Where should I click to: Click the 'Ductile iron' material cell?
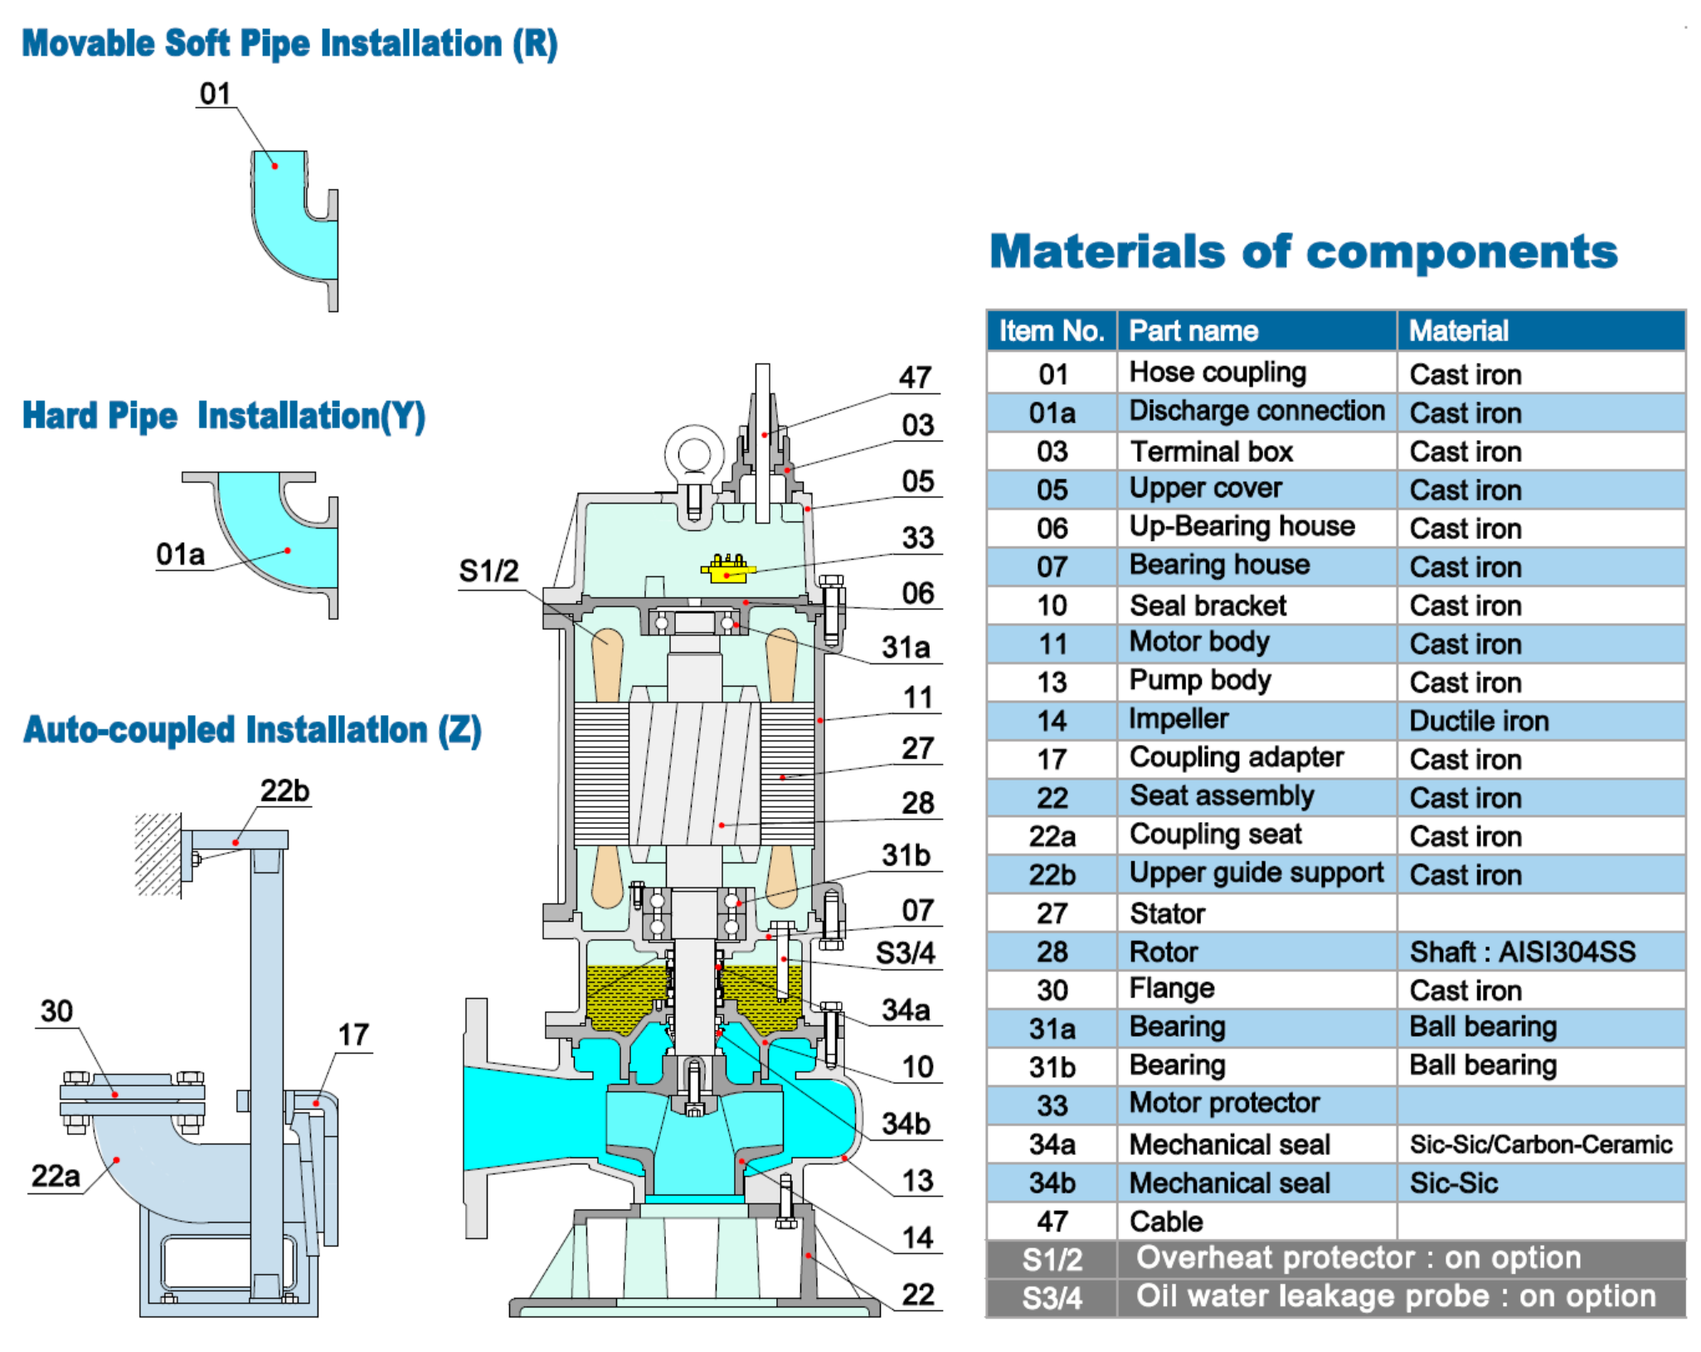pos(1478,721)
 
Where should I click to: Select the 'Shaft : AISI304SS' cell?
pos(1522,951)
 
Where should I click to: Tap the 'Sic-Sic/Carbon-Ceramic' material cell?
pos(1540,1145)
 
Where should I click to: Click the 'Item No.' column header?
pos(1051,331)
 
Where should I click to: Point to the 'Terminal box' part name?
pos(1211,451)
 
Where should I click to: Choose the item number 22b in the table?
pos(1052,875)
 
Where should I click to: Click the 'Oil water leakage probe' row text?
pos(1395,1296)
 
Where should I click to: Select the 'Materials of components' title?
pos(1303,251)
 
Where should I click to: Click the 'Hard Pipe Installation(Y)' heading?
pos(224,416)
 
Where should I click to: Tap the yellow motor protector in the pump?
pos(727,569)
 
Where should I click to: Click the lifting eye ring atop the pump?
pos(693,455)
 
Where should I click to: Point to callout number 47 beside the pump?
pos(915,377)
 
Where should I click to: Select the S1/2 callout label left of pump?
pos(488,571)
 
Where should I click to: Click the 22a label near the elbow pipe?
pos(56,1175)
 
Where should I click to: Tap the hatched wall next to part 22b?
pos(158,854)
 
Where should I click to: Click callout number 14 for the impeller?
pos(917,1238)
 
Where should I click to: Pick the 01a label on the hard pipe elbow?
pos(180,554)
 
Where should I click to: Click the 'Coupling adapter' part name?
pos(1236,757)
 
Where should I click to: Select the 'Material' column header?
pos(1458,331)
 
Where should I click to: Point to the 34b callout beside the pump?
pos(906,1124)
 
